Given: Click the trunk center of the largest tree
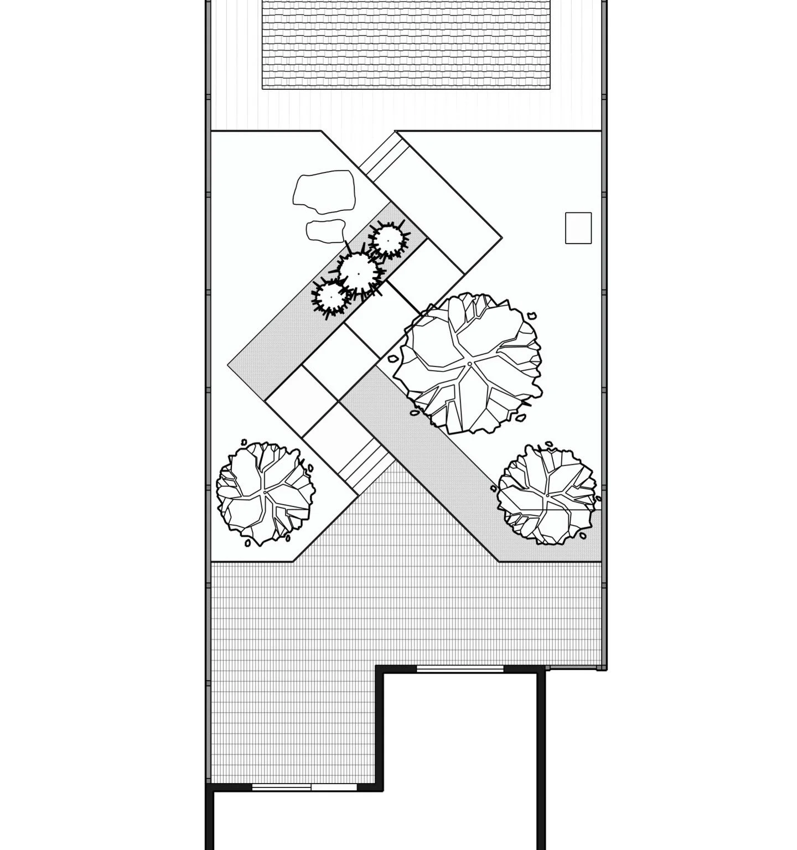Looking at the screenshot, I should click(x=469, y=364).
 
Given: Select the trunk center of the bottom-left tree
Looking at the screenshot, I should click(x=265, y=492).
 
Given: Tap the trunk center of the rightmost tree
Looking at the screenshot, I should click(x=547, y=494).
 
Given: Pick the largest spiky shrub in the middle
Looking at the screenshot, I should click(x=359, y=273).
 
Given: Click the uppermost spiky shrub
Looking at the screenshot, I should click(x=388, y=240).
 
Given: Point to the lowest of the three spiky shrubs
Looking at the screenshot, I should click(x=330, y=297).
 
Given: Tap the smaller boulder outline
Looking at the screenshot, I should click(x=326, y=230).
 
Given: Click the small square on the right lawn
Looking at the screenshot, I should click(x=578, y=227).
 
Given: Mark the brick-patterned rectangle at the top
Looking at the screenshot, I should click(x=407, y=44).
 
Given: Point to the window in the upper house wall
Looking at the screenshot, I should click(x=460, y=670).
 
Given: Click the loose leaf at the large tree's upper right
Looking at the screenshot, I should click(x=532, y=315).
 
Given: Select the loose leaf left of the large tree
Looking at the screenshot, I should click(x=393, y=359).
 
